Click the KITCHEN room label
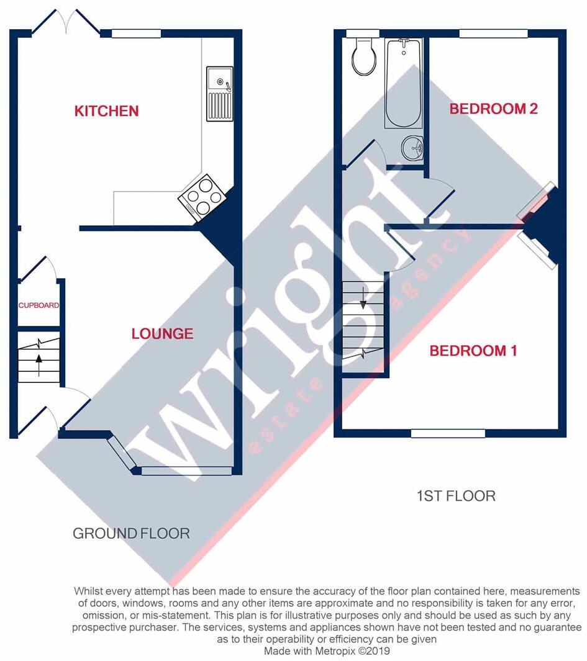(x=106, y=111)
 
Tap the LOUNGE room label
(x=162, y=334)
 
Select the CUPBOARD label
(x=39, y=305)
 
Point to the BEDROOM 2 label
(x=493, y=109)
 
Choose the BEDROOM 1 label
(x=473, y=351)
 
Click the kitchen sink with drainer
(x=219, y=93)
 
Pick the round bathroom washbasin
(x=412, y=148)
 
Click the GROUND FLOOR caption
(x=131, y=533)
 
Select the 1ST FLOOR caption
(x=456, y=496)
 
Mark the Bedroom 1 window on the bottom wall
(x=447, y=433)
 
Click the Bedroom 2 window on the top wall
(x=493, y=34)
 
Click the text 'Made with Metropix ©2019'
(x=327, y=651)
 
